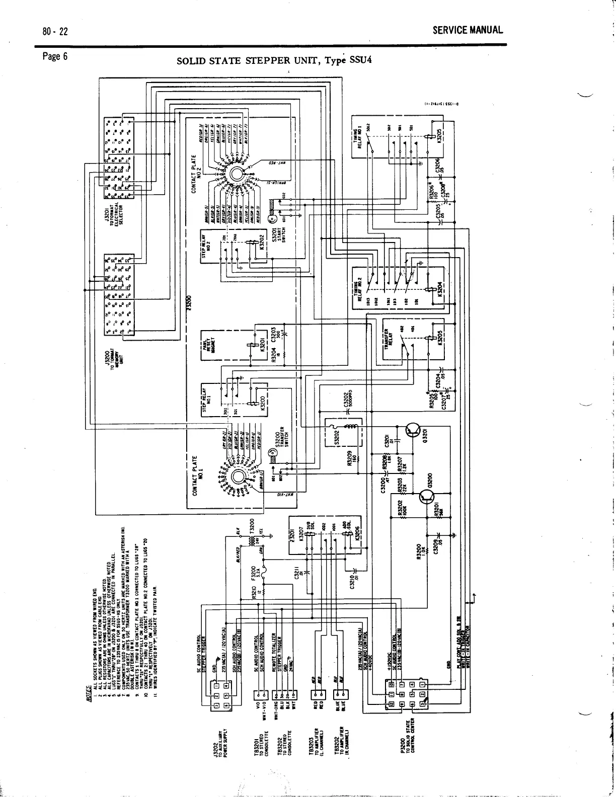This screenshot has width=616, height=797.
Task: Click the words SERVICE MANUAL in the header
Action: (468, 30)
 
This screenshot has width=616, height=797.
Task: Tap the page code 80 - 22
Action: (55, 31)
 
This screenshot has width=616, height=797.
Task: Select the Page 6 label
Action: (55, 56)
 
